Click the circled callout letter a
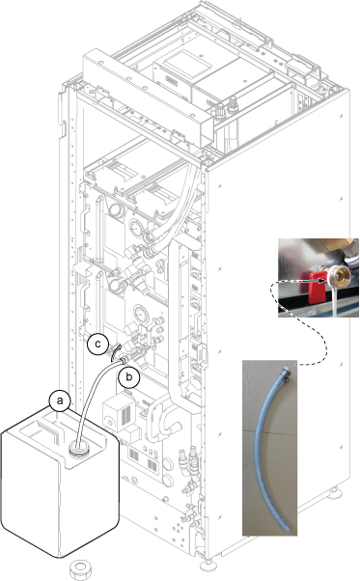point(60,401)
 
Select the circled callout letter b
point(128,377)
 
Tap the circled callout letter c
point(97,344)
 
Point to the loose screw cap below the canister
point(81,569)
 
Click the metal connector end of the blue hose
point(287,373)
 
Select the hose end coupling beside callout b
point(125,359)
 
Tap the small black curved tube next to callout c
point(115,351)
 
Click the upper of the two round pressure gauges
point(136,227)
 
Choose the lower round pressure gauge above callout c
point(141,315)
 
